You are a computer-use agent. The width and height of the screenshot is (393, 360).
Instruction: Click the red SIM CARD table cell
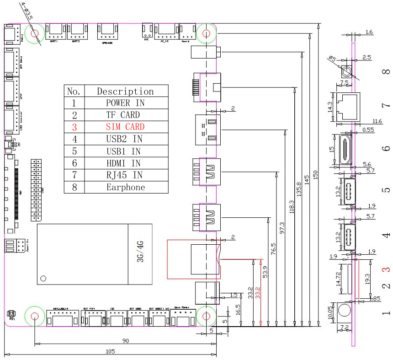(x=125, y=127)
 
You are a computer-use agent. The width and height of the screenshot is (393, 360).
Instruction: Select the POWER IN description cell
(x=125, y=103)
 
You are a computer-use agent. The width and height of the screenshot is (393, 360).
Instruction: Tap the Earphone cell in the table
(x=125, y=187)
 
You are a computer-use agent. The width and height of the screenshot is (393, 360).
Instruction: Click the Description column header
(x=125, y=91)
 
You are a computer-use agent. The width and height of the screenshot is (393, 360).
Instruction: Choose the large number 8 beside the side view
(x=387, y=72)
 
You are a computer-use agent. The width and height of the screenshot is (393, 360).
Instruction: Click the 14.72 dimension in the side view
(x=339, y=278)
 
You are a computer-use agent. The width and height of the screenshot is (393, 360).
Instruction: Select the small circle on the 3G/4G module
(x=43, y=278)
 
